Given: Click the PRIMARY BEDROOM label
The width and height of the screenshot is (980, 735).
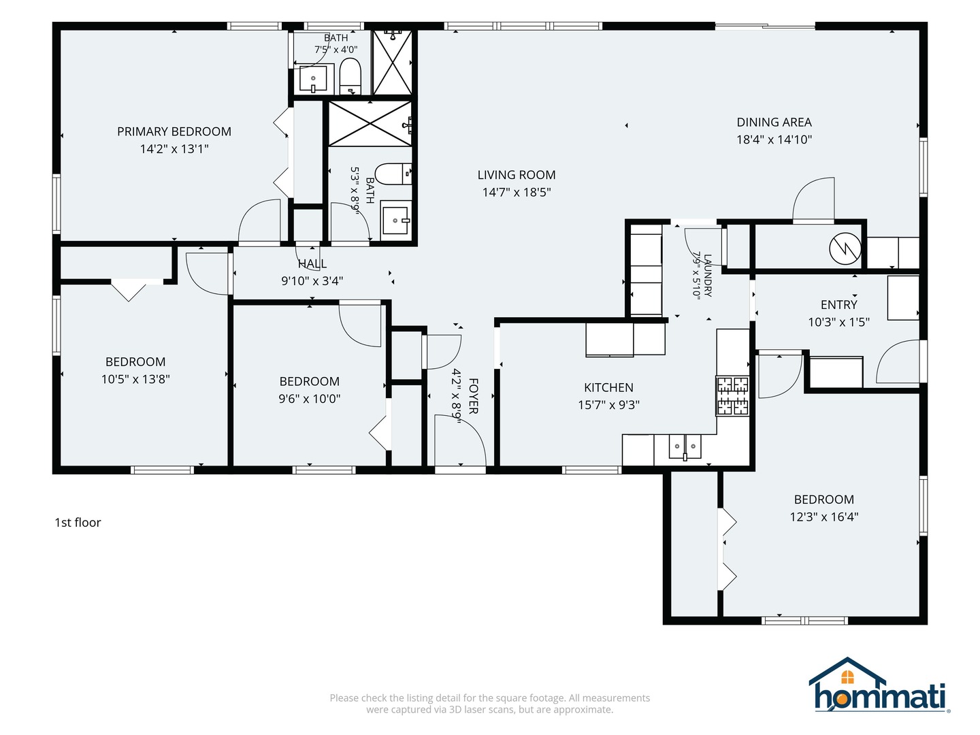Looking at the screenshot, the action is coord(174,131).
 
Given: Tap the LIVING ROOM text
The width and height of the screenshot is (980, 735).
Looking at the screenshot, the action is coord(517,175).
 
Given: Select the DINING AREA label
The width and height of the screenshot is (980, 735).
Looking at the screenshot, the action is coord(774,122).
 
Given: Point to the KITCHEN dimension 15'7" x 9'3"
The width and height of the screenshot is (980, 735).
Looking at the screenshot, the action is coord(608,405).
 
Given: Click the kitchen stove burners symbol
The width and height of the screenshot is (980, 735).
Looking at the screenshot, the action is coord(733,396).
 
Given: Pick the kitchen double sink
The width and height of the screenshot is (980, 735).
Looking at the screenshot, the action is coord(685,446).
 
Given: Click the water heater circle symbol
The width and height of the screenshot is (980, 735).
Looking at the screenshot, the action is coord(845,248).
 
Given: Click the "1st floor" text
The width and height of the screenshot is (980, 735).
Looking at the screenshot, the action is coord(78,523).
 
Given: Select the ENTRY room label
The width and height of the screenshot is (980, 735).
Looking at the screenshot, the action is coord(839,305).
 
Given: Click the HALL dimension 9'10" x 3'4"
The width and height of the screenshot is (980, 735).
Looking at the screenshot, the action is coord(312,280).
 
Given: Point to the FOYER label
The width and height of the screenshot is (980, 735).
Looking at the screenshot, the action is coord(473,396).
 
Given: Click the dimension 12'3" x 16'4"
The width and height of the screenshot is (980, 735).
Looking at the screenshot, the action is coord(824,517).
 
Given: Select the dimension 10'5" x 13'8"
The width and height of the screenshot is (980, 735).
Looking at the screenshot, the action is coord(135,379).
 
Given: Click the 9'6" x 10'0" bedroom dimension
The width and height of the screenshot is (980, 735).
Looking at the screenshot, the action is coord(310,399).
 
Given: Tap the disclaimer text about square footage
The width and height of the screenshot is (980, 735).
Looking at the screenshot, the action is coord(490,704).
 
